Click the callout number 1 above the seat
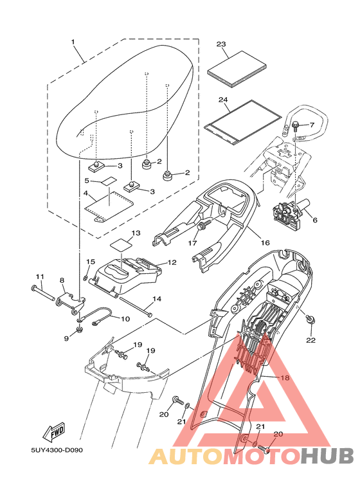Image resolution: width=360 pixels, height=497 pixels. [73, 42]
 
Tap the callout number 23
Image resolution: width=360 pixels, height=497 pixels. [222, 44]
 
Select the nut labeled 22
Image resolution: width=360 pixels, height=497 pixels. [310, 319]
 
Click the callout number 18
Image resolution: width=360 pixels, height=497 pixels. [284, 377]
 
